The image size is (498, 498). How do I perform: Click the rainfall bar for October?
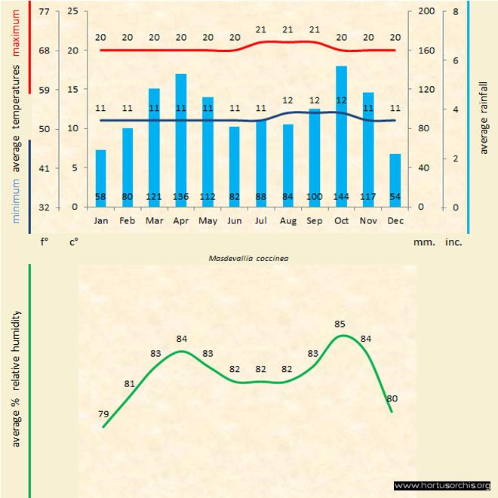[342, 136]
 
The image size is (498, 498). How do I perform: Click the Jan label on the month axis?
[100, 220]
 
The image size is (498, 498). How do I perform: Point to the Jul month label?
[261, 220]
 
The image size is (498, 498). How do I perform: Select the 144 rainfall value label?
[342, 198]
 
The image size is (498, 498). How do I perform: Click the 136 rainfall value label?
[181, 198]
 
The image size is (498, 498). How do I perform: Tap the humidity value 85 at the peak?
[340, 324]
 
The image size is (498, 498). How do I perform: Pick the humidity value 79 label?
[104, 414]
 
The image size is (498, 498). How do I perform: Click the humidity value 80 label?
[392, 398]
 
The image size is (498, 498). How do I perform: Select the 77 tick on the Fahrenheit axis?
[44, 12]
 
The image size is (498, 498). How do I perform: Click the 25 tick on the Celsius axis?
[72, 12]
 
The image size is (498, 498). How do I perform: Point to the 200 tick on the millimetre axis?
[427, 12]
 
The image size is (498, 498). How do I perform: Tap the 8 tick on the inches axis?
[456, 12]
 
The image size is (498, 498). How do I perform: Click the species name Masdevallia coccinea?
[250, 257]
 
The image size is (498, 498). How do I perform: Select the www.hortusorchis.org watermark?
[442, 485]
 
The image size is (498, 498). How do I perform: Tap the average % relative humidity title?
[16, 378]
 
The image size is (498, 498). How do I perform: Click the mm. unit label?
[423, 243]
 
